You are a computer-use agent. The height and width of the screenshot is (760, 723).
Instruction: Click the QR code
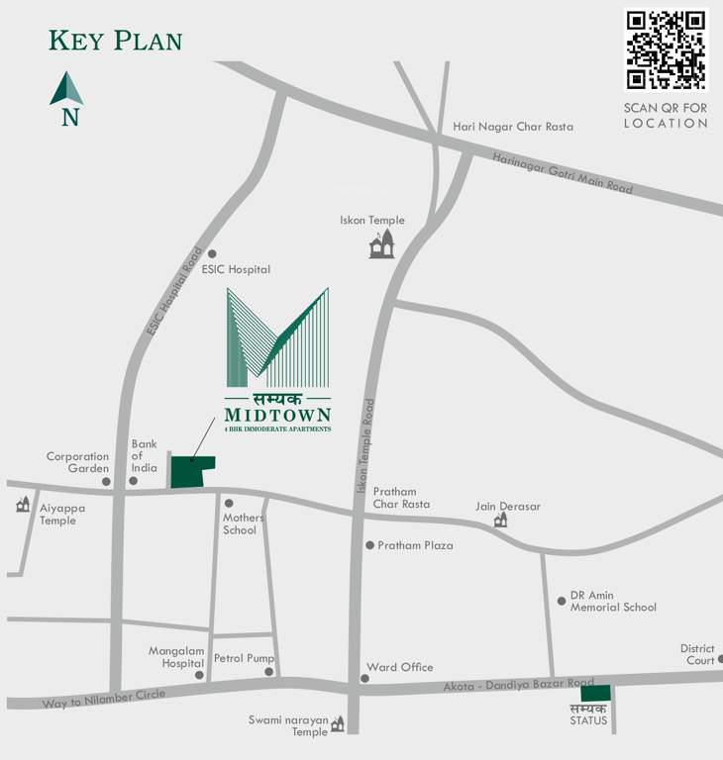pos(666,49)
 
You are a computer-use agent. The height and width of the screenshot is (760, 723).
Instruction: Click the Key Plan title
pos(115,41)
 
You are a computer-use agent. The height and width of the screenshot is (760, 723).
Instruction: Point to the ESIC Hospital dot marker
pos(211,253)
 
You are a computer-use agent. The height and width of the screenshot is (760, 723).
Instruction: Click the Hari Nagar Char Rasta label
pos(512,127)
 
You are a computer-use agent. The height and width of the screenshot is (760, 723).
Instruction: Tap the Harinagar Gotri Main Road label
pos(563,172)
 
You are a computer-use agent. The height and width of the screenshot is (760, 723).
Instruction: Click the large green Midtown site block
pos(191,471)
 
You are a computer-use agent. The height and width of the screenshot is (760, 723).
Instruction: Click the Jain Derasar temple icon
pos(500,520)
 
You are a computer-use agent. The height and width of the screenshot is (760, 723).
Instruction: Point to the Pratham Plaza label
pos(415,545)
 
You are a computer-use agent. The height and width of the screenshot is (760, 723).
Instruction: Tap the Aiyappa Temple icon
pos(23,505)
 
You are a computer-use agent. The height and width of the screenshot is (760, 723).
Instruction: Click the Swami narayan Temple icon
pos(338,724)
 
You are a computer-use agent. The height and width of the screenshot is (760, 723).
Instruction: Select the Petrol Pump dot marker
pos(268,672)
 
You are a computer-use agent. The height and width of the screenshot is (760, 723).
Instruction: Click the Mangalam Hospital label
pos(175,657)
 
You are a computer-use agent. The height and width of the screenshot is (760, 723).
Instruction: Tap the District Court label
pos(697,654)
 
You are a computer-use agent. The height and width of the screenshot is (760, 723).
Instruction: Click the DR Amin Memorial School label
pos(612,601)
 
